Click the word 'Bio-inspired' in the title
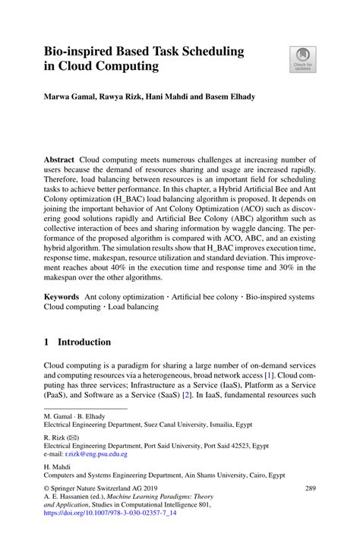(74, 51)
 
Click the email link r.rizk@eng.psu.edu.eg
(95, 453)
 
